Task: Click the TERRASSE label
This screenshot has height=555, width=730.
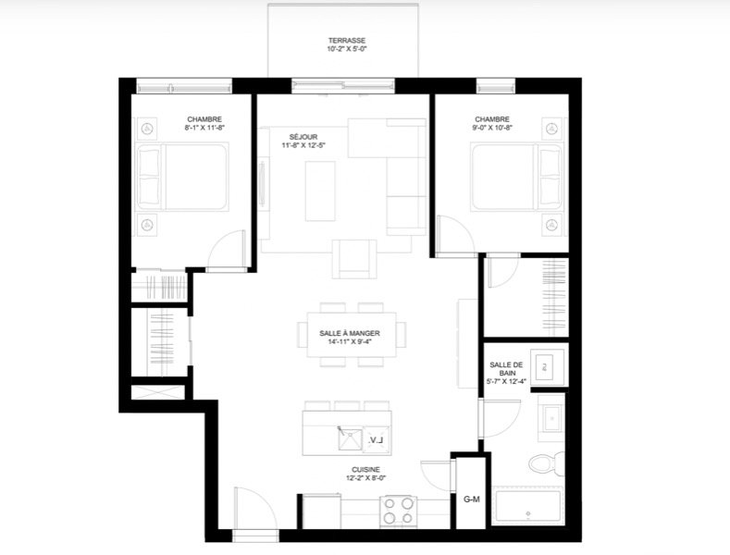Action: pyautogui.click(x=346, y=41)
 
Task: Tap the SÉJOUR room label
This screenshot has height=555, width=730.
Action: pyautogui.click(x=303, y=137)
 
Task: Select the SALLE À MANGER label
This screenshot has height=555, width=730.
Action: pyautogui.click(x=349, y=333)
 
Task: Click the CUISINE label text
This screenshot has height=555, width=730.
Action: pyautogui.click(x=365, y=470)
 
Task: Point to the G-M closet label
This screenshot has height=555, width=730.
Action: pyautogui.click(x=471, y=499)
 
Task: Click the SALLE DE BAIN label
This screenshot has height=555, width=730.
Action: pyautogui.click(x=506, y=369)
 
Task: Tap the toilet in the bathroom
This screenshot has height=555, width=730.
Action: pyautogui.click(x=547, y=463)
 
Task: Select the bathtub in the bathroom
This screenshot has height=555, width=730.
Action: pyautogui.click(x=528, y=506)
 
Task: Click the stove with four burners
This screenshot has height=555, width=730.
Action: pyautogui.click(x=398, y=512)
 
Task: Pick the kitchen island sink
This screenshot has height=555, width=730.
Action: pyautogui.click(x=350, y=438)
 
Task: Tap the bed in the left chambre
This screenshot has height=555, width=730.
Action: pyautogui.click(x=182, y=177)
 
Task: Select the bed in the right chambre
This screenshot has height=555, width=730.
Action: pyautogui.click(x=517, y=177)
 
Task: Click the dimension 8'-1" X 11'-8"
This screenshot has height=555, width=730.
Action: pyautogui.click(x=204, y=128)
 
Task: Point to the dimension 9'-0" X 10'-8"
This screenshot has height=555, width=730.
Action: pyautogui.click(x=492, y=128)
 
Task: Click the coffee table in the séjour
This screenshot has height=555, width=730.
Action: pyautogui.click(x=320, y=191)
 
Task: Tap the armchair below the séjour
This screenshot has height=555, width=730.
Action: pyautogui.click(x=354, y=259)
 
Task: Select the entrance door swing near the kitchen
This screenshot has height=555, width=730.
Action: pyautogui.click(x=250, y=508)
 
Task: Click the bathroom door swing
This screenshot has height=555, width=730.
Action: pyautogui.click(x=501, y=418)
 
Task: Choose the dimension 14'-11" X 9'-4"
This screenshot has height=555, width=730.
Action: pyautogui.click(x=349, y=341)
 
